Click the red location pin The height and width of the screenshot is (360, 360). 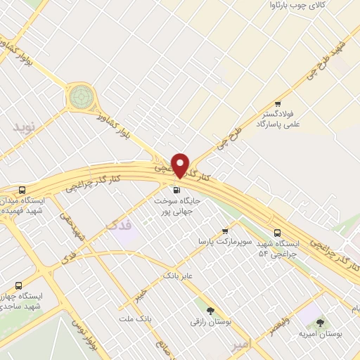tap(181, 165)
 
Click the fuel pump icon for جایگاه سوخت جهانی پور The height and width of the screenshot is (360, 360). tap(176, 190)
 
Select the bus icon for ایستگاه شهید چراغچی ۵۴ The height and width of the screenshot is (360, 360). tap(277, 232)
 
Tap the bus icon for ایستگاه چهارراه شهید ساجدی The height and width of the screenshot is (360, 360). tap(18, 285)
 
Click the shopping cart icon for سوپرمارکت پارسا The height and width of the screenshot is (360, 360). tap(225, 230)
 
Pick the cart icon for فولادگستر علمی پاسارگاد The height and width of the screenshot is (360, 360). tap(277, 103)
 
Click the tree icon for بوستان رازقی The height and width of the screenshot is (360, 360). tap(210, 309)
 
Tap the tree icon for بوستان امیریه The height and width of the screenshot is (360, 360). tap(320, 323)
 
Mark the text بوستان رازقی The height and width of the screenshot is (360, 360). tap(209, 321)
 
